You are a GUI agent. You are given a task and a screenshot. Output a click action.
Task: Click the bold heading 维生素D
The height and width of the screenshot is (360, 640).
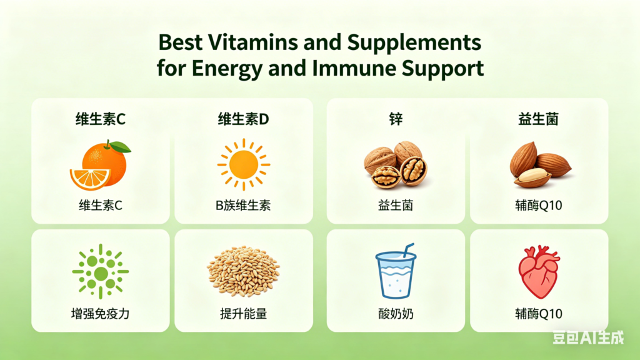click(x=243, y=119)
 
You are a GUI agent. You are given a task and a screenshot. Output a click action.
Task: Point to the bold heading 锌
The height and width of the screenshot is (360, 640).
click(x=395, y=119)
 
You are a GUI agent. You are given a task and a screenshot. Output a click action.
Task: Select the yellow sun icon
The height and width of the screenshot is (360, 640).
click(x=243, y=164)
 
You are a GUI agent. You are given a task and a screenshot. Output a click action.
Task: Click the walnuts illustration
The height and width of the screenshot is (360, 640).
click(x=395, y=164)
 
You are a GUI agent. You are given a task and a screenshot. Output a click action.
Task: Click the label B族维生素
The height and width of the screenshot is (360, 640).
click(x=243, y=205)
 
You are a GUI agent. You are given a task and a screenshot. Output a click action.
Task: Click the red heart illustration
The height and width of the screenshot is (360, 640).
click(x=539, y=272)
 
